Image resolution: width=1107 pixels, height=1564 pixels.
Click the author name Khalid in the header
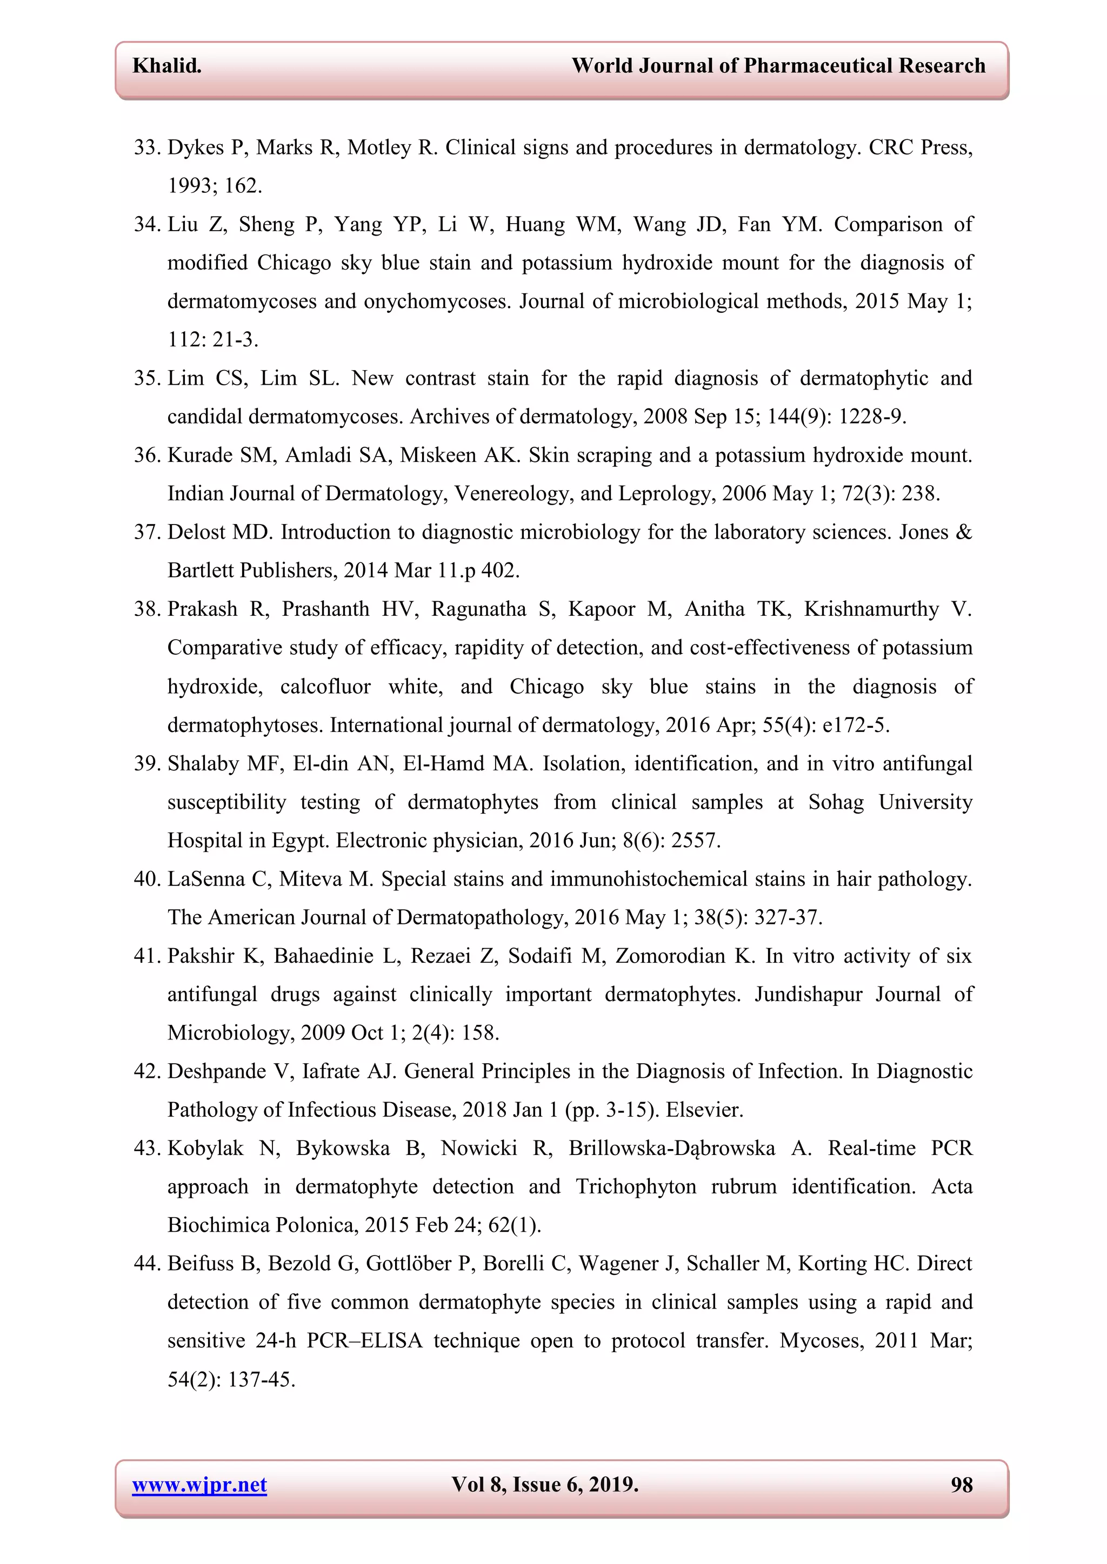(166, 66)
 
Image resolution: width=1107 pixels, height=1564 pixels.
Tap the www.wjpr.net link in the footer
(199, 1485)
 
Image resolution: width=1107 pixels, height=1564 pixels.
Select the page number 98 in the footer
(961, 1485)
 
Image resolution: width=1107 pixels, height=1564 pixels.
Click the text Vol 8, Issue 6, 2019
(545, 1485)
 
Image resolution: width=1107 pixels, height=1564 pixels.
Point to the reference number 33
(146, 148)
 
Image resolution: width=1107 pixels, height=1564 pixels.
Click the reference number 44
(146, 1264)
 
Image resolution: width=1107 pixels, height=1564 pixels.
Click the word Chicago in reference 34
(294, 263)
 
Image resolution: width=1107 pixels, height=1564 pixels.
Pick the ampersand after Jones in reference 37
(964, 532)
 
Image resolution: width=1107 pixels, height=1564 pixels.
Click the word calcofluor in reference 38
(325, 687)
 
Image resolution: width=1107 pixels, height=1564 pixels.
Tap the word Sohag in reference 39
(836, 802)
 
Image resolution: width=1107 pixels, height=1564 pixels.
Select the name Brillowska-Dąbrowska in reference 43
(671, 1149)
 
